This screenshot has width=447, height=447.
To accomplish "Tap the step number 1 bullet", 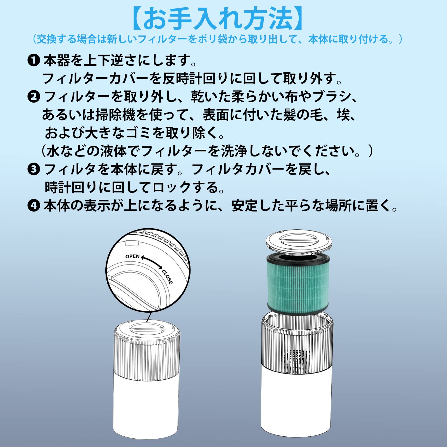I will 34,60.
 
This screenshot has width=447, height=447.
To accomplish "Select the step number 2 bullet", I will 34,97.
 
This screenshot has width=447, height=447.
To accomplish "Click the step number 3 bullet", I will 34,169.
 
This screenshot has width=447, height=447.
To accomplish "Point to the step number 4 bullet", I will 34,206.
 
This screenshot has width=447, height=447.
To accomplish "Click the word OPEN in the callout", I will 132,256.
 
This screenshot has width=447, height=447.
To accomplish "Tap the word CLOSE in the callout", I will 167,277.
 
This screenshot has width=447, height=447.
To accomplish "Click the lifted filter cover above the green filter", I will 299,241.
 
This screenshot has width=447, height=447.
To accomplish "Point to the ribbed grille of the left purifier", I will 147,358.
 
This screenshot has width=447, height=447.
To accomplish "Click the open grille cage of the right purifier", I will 297,346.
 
